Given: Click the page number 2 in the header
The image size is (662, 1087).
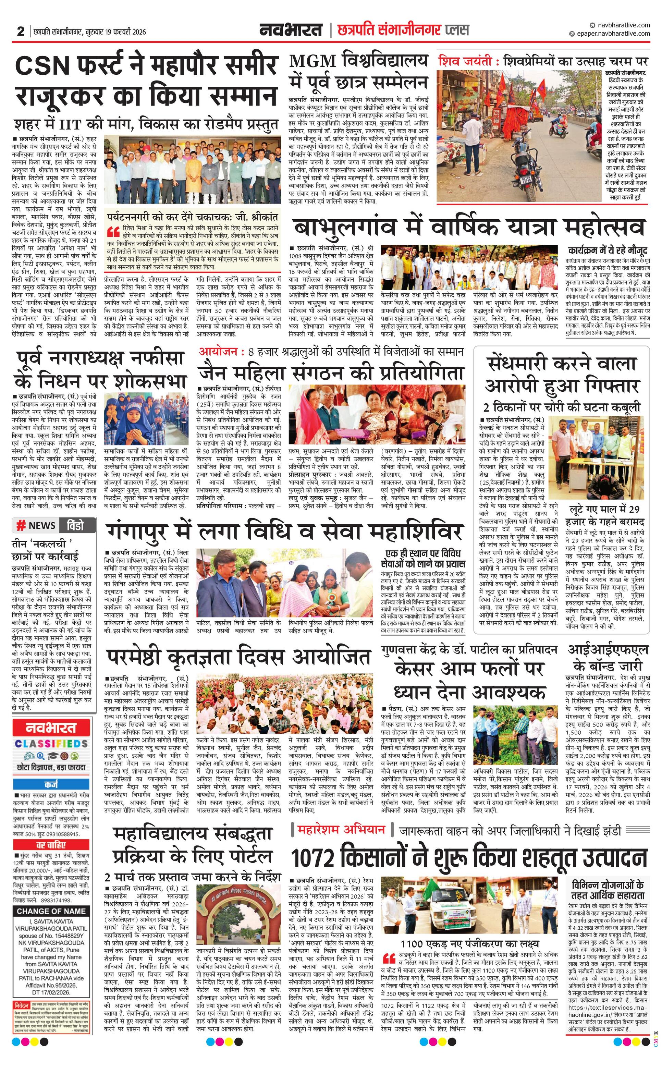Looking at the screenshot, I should pyautogui.click(x=20, y=32).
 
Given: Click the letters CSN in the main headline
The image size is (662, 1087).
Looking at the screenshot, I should pyautogui.click(x=42, y=66).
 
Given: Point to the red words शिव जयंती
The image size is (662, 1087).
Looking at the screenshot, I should pyautogui.click(x=463, y=61).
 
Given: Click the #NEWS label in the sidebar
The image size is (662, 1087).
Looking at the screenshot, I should pyautogui.click(x=36, y=525).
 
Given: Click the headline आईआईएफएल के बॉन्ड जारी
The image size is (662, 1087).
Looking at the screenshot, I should pyautogui.click(x=608, y=657).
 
